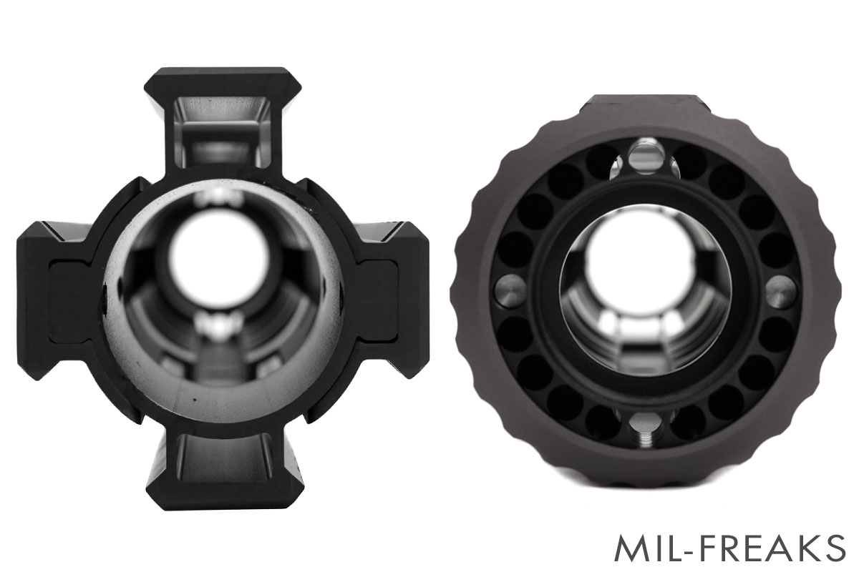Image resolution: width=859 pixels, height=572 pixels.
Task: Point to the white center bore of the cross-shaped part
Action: [x=219, y=260]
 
